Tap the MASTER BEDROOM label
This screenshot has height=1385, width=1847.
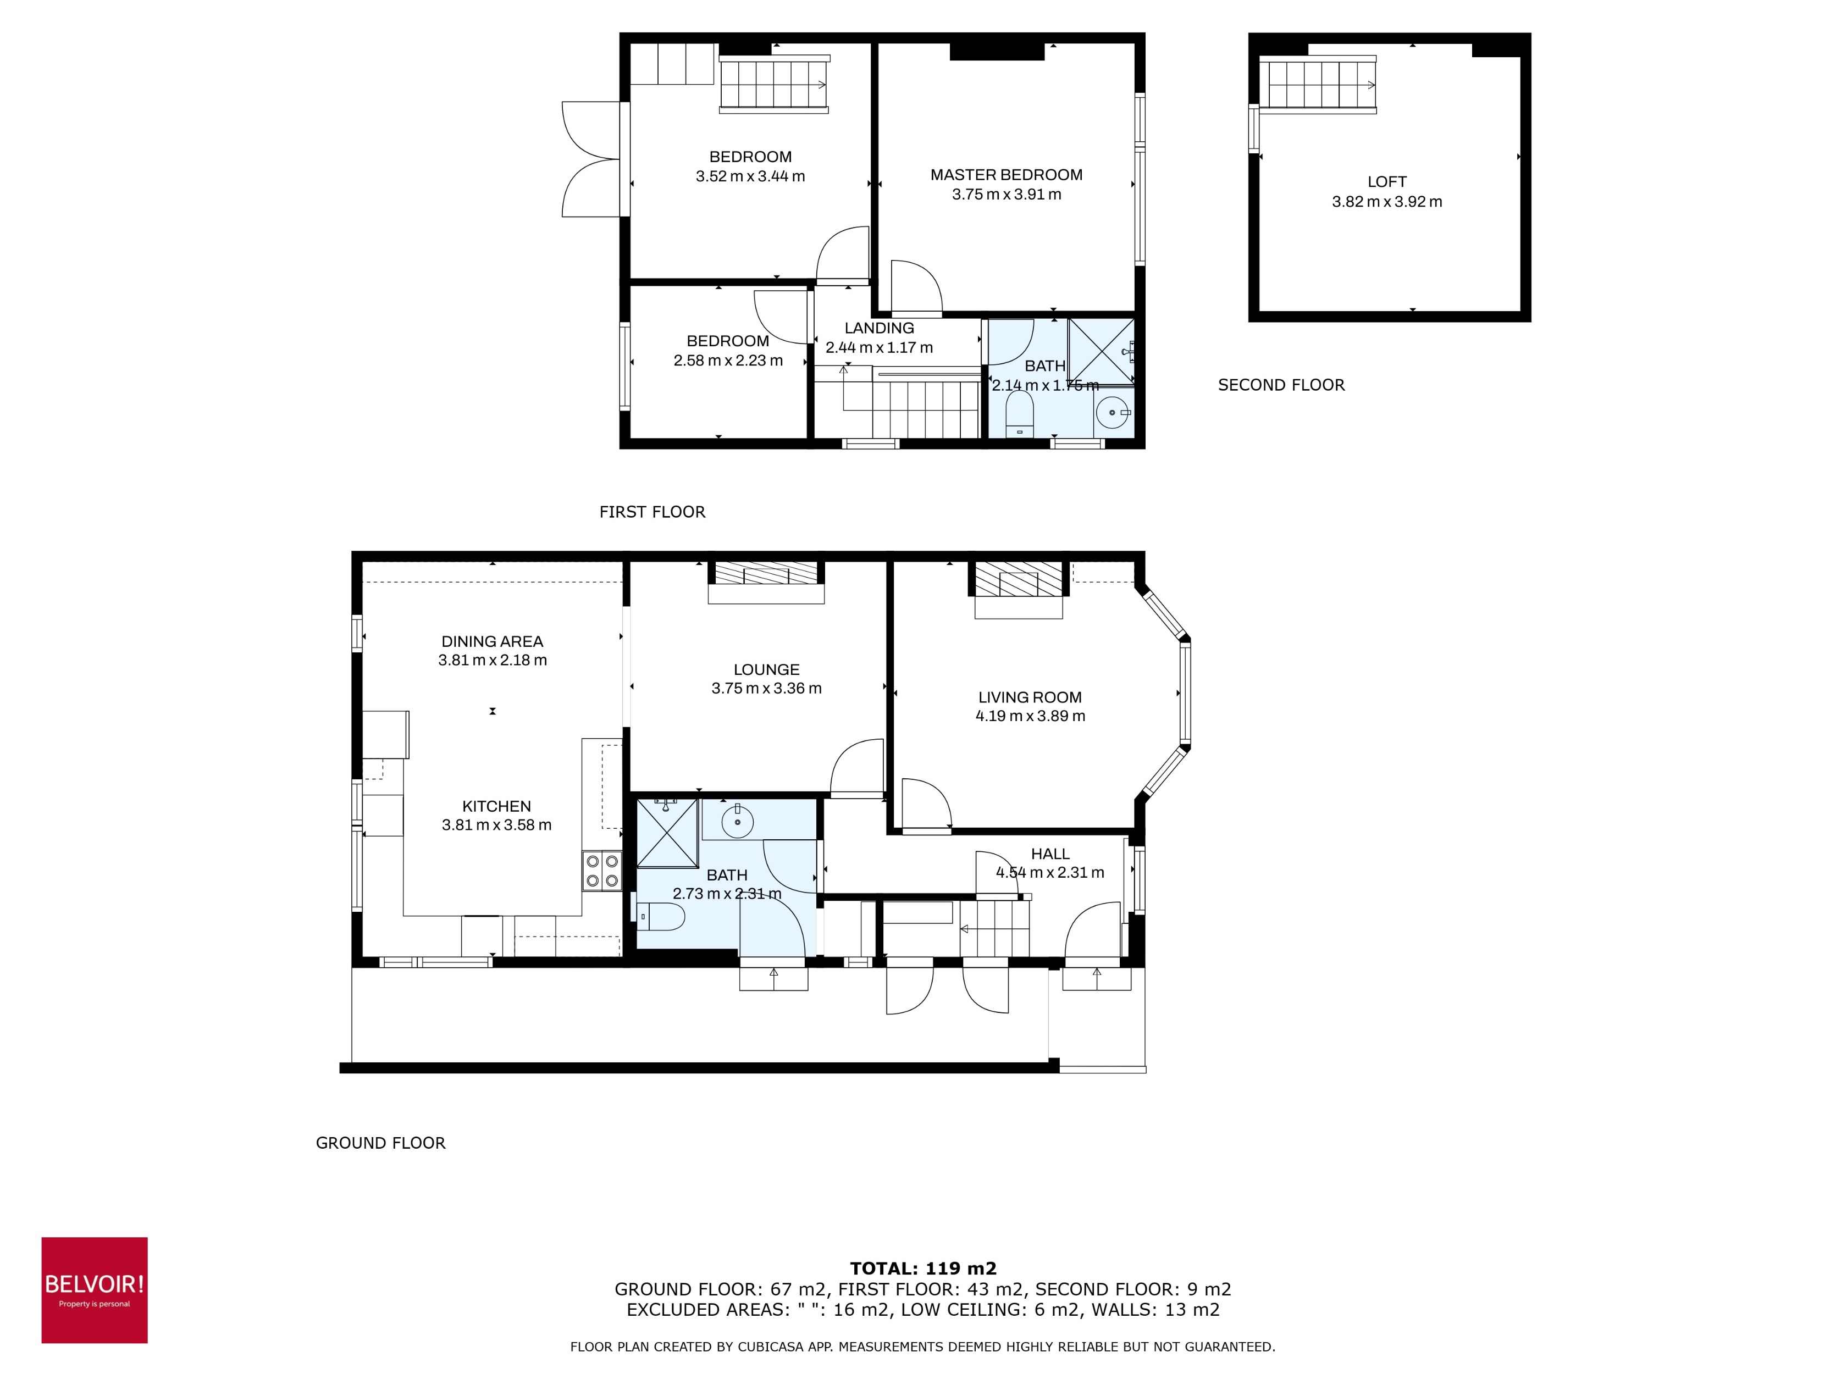coord(1006,174)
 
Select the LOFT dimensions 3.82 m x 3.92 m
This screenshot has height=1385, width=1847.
coord(1386,201)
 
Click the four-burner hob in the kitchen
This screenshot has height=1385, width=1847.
coord(601,871)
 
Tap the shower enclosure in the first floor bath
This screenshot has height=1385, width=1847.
coord(1101,351)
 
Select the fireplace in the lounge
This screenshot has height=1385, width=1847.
coord(766,574)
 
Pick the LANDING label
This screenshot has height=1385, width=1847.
coord(878,328)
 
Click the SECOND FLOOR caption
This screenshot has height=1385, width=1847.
coord(1281,385)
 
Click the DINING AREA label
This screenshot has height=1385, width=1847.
coord(492,641)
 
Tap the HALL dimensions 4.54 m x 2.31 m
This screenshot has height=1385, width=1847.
coord(1049,872)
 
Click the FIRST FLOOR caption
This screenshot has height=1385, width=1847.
coord(652,512)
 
